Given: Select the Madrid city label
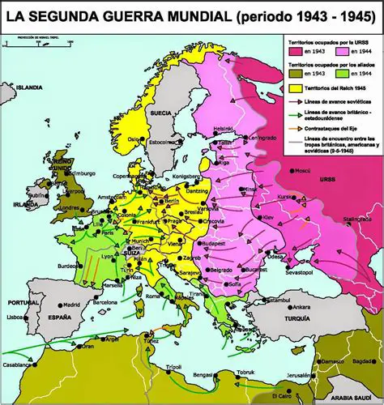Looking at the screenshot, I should click(72, 305).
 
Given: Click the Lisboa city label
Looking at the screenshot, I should click(15, 318).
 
